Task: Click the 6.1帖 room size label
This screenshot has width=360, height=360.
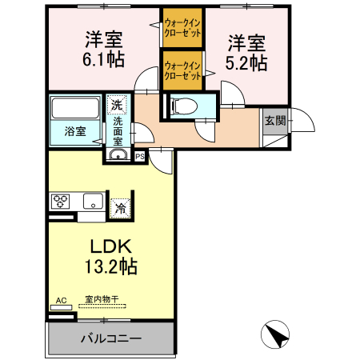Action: [103, 59]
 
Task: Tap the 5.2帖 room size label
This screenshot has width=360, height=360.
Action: [246, 63]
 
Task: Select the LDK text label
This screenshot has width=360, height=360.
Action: [111, 246]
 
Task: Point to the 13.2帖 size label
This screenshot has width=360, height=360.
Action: [111, 266]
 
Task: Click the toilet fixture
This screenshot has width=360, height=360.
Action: [185, 106]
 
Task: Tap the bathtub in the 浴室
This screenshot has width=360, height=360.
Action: [75, 108]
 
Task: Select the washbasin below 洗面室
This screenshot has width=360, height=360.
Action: [118, 154]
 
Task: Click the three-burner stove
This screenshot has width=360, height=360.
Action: [61, 202]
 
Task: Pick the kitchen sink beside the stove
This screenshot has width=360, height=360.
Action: [93, 202]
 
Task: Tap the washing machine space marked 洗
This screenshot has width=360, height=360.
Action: [117, 105]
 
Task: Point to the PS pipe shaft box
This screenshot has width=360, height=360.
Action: [140, 157]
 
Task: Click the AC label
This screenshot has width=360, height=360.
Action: [61, 301]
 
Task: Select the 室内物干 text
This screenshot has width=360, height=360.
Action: [102, 299]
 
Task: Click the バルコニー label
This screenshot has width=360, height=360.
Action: [111, 338]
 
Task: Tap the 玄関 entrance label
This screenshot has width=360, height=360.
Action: [275, 121]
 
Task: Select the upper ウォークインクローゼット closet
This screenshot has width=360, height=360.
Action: [182, 28]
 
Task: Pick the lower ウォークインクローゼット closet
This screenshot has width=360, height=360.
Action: [182, 70]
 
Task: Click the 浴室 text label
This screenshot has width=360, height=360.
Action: [75, 131]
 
